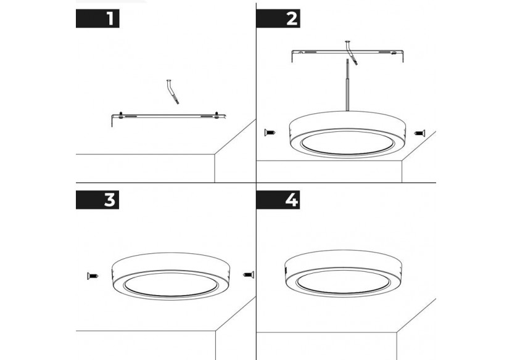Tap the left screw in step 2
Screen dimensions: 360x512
[270, 132]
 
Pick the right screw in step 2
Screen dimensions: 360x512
[420, 132]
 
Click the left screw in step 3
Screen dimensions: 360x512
[93, 275]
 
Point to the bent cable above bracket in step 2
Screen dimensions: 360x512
[349, 50]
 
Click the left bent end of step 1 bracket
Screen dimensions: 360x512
[113, 121]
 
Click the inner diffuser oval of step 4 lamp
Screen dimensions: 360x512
[344, 281]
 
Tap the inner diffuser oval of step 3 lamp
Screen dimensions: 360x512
[171, 283]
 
